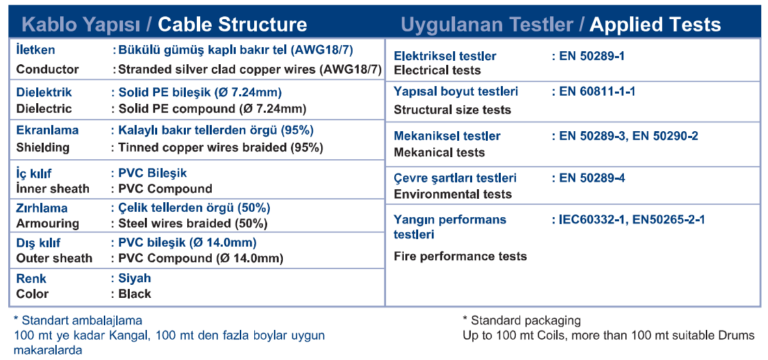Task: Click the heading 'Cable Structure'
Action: point(232,25)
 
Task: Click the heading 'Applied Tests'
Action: point(655,25)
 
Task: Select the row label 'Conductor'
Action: point(48,70)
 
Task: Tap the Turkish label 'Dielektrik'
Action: point(44,92)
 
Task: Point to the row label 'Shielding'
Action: point(43,148)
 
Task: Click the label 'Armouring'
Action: point(48,223)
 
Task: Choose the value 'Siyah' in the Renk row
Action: point(135,279)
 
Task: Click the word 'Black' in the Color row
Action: point(135,294)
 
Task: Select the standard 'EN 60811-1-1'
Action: point(597,91)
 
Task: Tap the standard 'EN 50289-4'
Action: point(592,178)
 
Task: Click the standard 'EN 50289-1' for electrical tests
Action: point(592,56)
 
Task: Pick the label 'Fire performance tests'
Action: point(461,256)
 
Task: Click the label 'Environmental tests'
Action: point(453,194)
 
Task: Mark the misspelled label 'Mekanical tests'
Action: point(439,152)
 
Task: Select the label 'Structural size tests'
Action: point(452,110)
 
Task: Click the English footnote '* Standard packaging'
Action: point(521,321)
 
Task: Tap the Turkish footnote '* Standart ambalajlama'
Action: point(78,321)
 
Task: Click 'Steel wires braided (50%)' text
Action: point(193,223)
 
